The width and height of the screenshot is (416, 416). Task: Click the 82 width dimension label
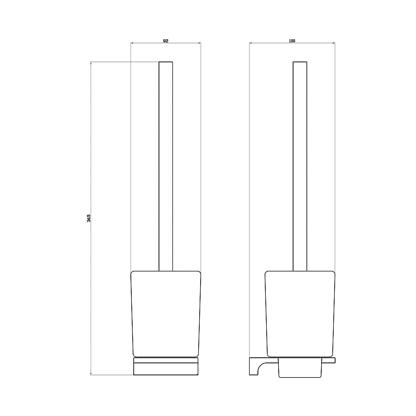point(165,41)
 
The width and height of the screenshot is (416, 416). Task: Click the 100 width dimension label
point(292,41)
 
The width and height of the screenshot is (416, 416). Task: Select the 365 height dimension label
point(89,218)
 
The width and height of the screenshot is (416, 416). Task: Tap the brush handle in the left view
point(166,166)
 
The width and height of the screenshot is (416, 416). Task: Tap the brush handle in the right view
point(300,166)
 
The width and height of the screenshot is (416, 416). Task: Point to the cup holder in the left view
point(166,314)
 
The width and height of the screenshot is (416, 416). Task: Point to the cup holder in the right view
point(300,314)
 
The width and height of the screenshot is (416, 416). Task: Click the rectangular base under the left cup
point(166,366)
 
